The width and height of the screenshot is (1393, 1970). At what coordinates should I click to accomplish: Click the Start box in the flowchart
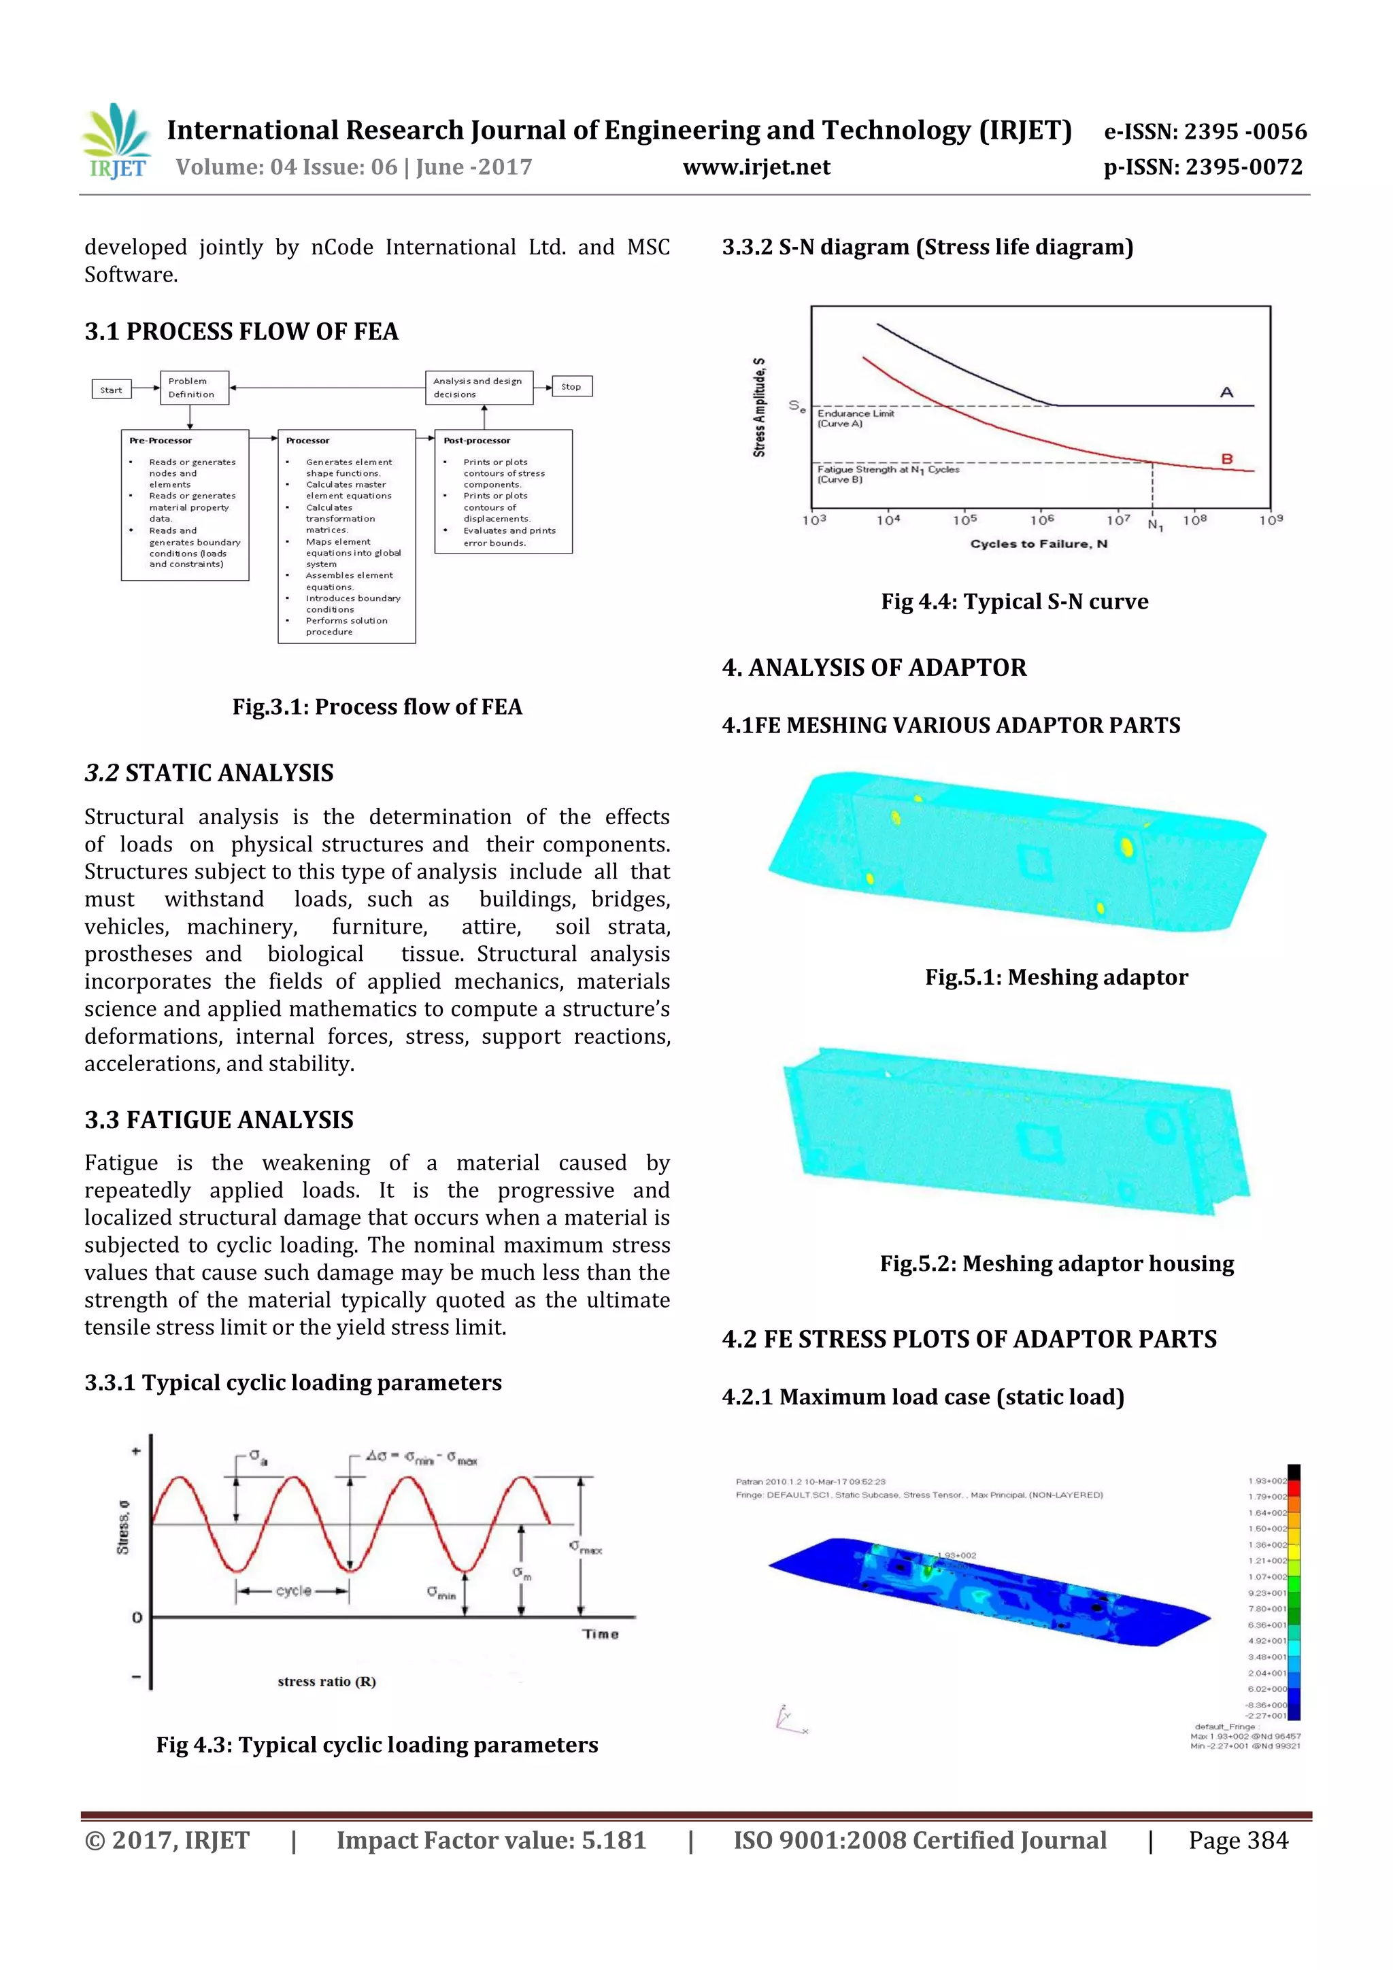click(111, 390)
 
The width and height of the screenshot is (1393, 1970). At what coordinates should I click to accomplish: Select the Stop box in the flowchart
click(571, 386)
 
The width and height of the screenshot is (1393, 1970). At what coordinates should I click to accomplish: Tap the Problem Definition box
click(194, 387)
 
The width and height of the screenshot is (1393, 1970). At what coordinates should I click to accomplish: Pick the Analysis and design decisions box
click(479, 387)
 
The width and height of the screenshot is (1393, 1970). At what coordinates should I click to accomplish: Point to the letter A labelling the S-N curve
click(1226, 392)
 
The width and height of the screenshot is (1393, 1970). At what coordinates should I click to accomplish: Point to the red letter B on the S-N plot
click(1226, 459)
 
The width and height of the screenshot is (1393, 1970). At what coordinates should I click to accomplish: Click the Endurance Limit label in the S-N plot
click(855, 413)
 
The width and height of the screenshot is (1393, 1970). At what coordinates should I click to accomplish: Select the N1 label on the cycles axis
click(1155, 524)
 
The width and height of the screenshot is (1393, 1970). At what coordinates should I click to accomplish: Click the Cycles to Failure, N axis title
click(1039, 544)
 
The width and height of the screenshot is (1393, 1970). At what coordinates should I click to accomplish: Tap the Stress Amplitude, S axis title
click(758, 407)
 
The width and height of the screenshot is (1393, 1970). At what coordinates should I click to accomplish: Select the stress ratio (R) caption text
click(326, 1682)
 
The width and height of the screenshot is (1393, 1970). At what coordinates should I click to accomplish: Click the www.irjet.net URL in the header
click(756, 167)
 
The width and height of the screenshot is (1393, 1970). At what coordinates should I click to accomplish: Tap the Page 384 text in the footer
click(1238, 1839)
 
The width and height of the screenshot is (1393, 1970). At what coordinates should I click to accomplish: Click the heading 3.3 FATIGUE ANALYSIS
click(219, 1120)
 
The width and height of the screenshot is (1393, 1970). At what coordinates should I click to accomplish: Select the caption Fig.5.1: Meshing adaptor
click(1056, 977)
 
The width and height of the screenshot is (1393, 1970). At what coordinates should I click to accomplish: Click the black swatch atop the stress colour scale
click(1294, 1471)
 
